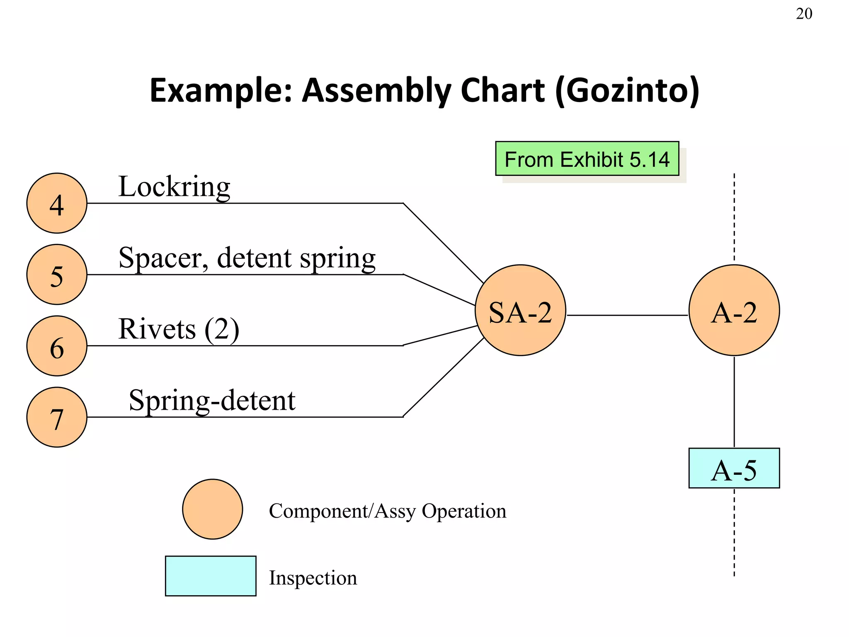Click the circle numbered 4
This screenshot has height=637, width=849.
(x=57, y=203)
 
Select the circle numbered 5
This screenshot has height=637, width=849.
(x=57, y=275)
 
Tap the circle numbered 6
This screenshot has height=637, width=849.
(x=57, y=346)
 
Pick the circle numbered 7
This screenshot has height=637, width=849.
(x=57, y=417)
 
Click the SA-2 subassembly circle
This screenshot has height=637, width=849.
(x=520, y=310)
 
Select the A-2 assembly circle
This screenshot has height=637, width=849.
(x=734, y=310)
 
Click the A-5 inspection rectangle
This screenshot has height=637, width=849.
(x=734, y=468)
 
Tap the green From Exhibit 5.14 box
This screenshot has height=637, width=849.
(x=587, y=159)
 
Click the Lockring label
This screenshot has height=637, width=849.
(x=174, y=187)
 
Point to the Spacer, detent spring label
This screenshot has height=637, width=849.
(x=247, y=258)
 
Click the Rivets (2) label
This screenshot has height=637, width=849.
(x=179, y=329)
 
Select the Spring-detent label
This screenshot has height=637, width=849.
(x=212, y=401)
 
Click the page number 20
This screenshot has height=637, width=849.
(x=804, y=14)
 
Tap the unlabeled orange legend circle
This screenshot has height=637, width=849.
(x=213, y=509)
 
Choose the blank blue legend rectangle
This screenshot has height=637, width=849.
(x=211, y=576)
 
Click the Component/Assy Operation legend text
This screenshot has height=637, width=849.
(x=388, y=511)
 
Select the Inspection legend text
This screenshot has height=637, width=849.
(x=313, y=578)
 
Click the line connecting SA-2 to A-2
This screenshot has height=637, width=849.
(x=627, y=315)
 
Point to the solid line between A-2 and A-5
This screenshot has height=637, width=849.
(x=734, y=401)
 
